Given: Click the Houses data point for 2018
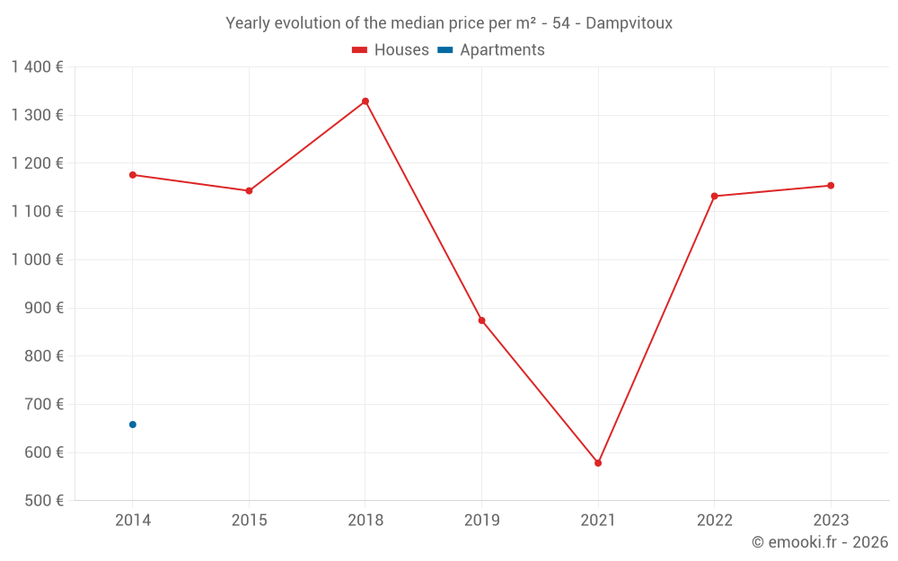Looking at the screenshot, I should pyautogui.click(x=365, y=101).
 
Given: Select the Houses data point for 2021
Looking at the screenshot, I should pyautogui.click(x=598, y=463).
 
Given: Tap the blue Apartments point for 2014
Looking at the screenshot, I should pyautogui.click(x=133, y=425).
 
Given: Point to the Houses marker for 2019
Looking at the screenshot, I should pyautogui.click(x=481, y=320).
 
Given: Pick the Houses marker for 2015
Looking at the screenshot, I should pyautogui.click(x=249, y=191).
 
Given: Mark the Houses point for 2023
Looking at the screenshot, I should pyautogui.click(x=831, y=186).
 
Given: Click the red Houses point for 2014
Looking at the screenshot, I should pyautogui.click(x=133, y=175).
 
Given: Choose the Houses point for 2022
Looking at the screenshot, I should pyautogui.click(x=714, y=197).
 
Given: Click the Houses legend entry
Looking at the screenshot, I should pyautogui.click(x=391, y=50).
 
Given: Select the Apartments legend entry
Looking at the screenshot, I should pyautogui.click(x=491, y=50).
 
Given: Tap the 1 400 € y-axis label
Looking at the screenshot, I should pyautogui.click(x=37, y=66).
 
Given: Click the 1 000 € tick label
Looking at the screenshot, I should pyautogui.click(x=37, y=259).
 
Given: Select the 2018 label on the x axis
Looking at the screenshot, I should pyautogui.click(x=365, y=521).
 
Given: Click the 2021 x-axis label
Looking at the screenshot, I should pyautogui.click(x=598, y=521).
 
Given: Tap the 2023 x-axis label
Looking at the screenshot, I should pyautogui.click(x=831, y=521).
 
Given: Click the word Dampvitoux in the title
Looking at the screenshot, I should pyautogui.click(x=629, y=23).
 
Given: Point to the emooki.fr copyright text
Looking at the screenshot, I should pyautogui.click(x=820, y=542).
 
